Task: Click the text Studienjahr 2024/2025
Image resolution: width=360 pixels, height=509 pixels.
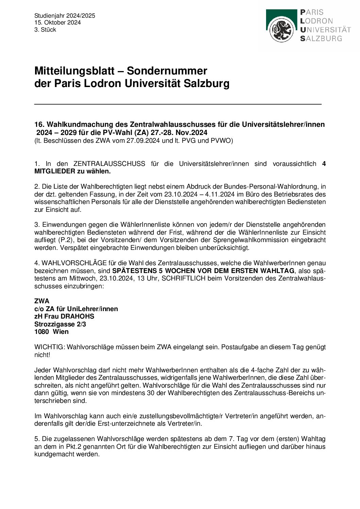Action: coord(65,16)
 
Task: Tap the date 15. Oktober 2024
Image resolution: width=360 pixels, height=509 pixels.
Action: coord(58,22)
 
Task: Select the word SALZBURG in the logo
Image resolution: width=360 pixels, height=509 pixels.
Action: coord(321,38)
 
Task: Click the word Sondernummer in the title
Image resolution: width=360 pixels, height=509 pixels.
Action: coord(167,71)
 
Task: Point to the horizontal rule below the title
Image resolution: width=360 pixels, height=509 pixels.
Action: coord(178,104)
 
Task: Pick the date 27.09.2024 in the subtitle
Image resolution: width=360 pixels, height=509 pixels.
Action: coord(143,140)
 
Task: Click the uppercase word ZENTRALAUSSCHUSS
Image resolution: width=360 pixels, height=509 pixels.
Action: coord(109,164)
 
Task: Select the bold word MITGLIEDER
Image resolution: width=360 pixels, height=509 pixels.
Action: coord(55,171)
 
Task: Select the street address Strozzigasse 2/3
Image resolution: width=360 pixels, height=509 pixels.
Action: coord(60,324)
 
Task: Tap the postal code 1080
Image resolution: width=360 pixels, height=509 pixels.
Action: coord(42,332)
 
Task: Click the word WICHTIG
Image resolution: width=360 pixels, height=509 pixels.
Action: coord(49,347)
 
